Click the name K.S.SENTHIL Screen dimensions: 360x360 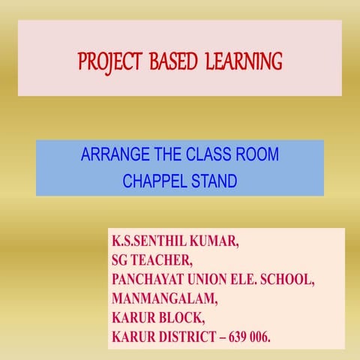click(154, 243)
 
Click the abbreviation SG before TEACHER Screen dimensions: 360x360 click(121, 262)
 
